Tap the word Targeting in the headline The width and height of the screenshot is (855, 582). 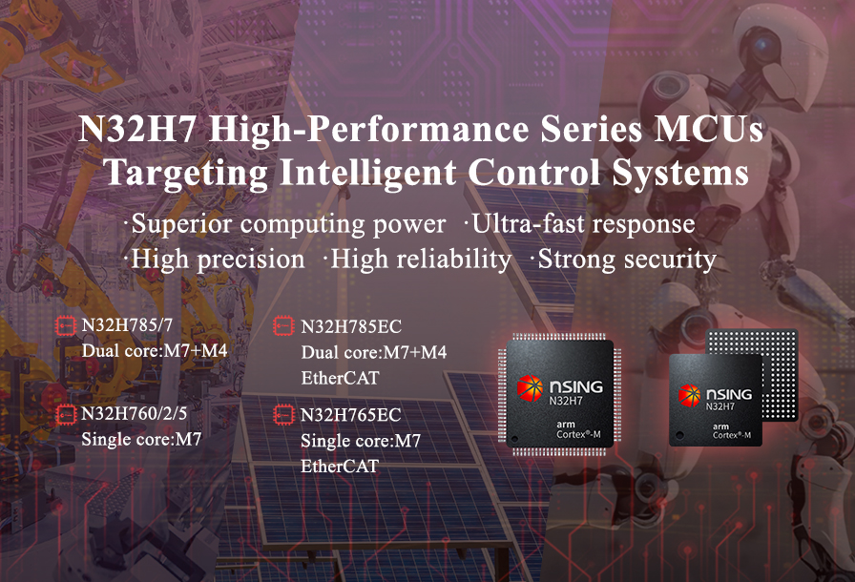pyautogui.click(x=186, y=174)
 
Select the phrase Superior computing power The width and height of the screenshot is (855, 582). pyautogui.click(x=288, y=224)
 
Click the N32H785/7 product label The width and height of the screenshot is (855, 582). pyautogui.click(x=127, y=325)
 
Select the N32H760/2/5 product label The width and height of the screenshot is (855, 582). pyautogui.click(x=135, y=414)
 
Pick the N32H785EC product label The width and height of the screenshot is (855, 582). pyautogui.click(x=351, y=327)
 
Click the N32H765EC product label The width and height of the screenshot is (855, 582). pyautogui.click(x=350, y=415)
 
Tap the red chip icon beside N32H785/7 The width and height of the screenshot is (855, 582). pyautogui.click(x=66, y=326)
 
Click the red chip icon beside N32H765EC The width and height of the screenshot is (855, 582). pyautogui.click(x=283, y=415)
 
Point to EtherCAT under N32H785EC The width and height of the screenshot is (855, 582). pyautogui.click(x=340, y=378)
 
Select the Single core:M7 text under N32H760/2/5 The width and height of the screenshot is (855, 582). pyautogui.click(x=142, y=439)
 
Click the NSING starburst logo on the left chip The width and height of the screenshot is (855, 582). pyautogui.click(x=530, y=388)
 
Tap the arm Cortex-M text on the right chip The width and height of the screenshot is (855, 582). pyautogui.click(x=731, y=431)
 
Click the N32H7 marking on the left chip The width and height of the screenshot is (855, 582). pyautogui.click(x=566, y=402)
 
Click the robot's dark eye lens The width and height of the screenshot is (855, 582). pyautogui.click(x=764, y=42)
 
